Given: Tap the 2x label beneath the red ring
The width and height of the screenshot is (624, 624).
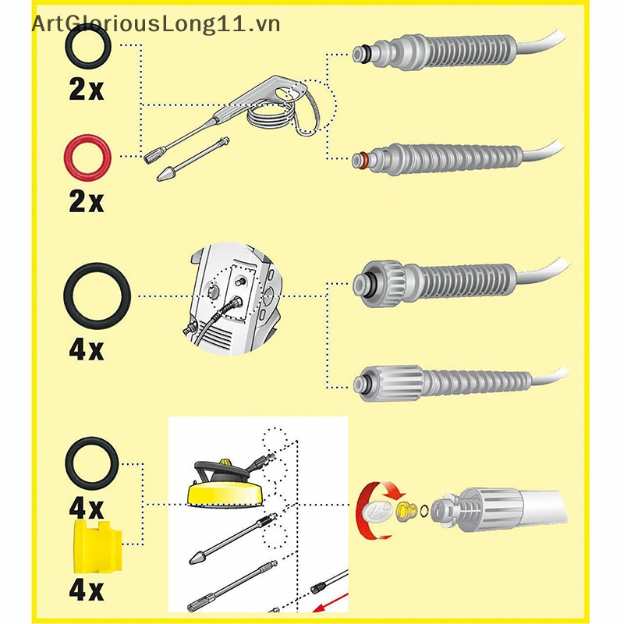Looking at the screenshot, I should [x=86, y=202].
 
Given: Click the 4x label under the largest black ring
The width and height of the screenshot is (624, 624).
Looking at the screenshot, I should [x=86, y=349].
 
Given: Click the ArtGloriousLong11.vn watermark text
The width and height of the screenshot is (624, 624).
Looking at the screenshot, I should [x=155, y=24].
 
